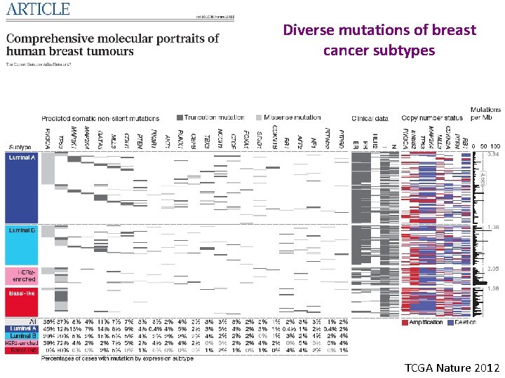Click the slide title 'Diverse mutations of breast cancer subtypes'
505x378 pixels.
click(x=379, y=41)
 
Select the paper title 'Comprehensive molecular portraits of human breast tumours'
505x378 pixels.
click(x=112, y=44)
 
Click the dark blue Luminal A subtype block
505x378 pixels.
click(x=22, y=188)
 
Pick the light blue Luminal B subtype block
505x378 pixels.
click(x=22, y=245)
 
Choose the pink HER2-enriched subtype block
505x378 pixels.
click(x=22, y=275)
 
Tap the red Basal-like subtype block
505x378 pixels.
click(x=22, y=302)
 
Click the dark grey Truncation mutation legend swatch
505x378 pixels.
click(x=180, y=118)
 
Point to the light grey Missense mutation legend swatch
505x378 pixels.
click(x=258, y=118)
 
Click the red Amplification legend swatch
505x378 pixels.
click(x=405, y=322)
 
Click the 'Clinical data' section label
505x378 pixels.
click(x=371, y=118)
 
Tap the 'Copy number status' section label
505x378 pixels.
click(x=433, y=118)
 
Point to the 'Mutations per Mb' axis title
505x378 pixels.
click(x=485, y=114)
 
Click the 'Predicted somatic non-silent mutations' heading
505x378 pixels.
click(x=100, y=118)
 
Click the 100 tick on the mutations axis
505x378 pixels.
click(x=495, y=146)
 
